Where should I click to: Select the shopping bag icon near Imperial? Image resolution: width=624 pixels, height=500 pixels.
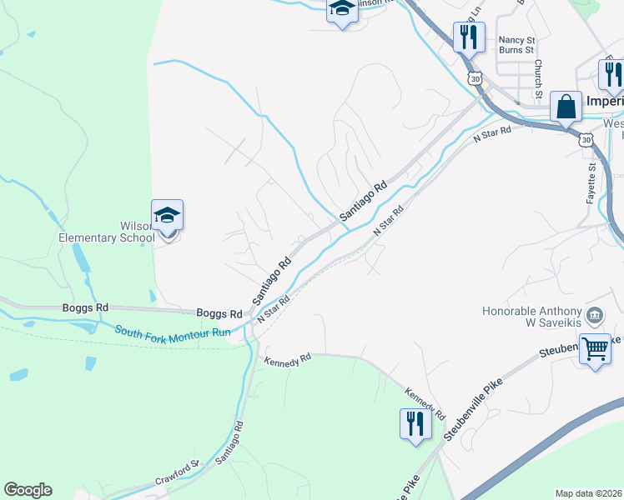[x=566, y=107]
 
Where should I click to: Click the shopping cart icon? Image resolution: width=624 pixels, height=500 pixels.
[x=595, y=349]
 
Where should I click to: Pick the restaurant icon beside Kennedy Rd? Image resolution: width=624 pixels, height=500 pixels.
[x=415, y=424]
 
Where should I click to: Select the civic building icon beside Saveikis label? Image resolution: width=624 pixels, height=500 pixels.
[x=595, y=314]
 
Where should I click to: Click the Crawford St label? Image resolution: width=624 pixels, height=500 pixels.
[x=177, y=475]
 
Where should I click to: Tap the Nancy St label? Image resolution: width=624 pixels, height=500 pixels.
[x=516, y=39]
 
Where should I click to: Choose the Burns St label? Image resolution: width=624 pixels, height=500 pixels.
[x=517, y=50]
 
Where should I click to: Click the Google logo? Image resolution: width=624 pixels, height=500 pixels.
[x=28, y=490]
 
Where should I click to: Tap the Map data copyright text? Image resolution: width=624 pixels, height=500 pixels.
[x=588, y=493]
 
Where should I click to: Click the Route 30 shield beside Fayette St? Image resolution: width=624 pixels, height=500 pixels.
[x=586, y=141]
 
